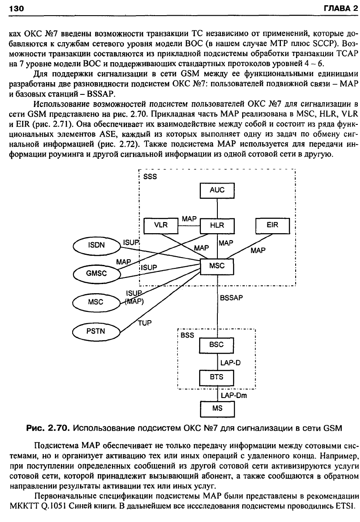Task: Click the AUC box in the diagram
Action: (x=217, y=191)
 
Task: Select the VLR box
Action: (x=161, y=226)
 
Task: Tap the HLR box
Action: (x=217, y=226)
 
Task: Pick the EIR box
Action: (x=273, y=226)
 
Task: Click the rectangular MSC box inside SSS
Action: (x=217, y=266)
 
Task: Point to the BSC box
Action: (x=217, y=345)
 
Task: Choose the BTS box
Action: (x=217, y=377)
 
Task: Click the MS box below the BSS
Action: (x=217, y=409)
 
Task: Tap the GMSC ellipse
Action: (x=97, y=274)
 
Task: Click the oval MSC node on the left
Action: (x=96, y=303)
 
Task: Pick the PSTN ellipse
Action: (x=96, y=331)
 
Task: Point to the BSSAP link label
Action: (x=231, y=298)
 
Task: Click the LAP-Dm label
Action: (x=233, y=395)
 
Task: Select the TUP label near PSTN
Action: (x=145, y=323)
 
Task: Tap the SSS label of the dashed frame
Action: (x=150, y=177)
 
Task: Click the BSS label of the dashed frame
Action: (x=187, y=335)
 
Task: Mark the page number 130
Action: (x=17, y=9)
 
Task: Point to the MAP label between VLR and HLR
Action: (x=189, y=219)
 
